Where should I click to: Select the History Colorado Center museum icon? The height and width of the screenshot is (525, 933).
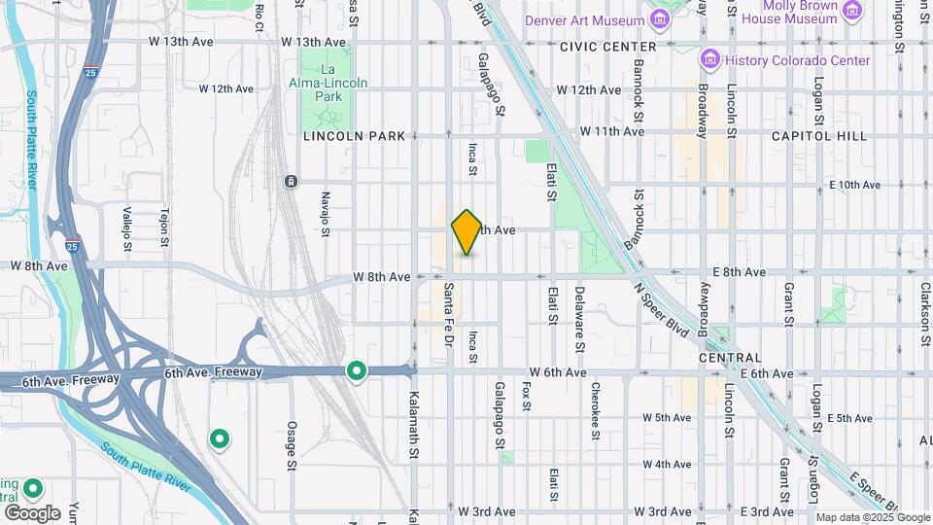pos(708,60)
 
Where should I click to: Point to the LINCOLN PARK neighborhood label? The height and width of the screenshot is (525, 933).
pos(354,136)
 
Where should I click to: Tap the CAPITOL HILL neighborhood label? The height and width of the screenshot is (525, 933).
pos(819,136)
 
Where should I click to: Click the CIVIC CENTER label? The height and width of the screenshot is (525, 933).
pos(607,46)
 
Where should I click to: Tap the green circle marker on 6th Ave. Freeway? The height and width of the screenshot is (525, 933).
pos(357,371)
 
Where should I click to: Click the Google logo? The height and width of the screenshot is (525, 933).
pos(31,512)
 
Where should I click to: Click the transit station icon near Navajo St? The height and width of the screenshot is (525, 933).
pos(290,182)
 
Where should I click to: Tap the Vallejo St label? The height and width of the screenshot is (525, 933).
pos(126,227)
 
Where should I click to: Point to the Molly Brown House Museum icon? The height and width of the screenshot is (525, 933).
pos(852,11)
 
